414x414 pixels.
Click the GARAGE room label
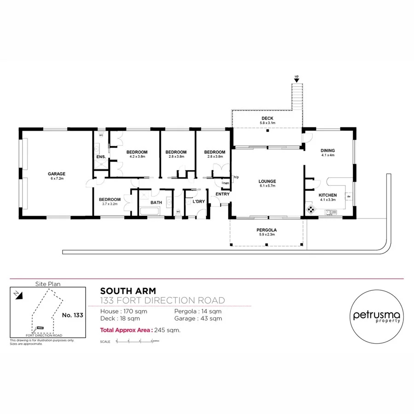coord(57,174)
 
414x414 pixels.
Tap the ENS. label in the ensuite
coord(101,157)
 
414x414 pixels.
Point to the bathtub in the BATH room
coord(149,212)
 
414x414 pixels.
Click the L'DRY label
coord(199,201)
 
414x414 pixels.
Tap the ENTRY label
coord(222,194)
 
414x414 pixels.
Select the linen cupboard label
coord(225,183)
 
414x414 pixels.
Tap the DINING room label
coord(328,150)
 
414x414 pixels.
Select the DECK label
coord(267,119)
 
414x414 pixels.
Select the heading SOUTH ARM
coord(128,291)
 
